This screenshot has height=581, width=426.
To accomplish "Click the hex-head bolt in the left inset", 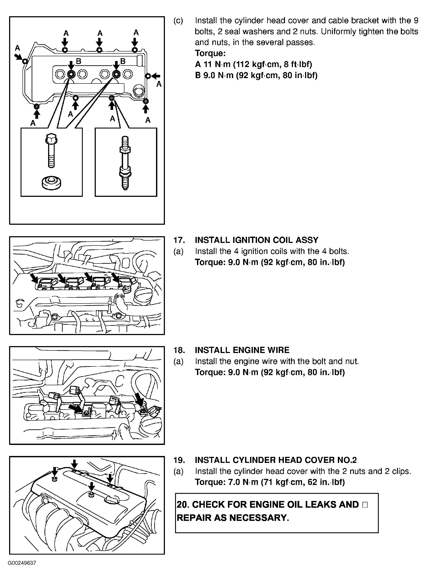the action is [51, 151].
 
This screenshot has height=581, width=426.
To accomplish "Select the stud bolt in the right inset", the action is [125, 163].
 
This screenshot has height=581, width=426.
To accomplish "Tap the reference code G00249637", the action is [22, 563].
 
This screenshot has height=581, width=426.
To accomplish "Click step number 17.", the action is [179, 240].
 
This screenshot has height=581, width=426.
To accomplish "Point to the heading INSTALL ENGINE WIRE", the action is [242, 350].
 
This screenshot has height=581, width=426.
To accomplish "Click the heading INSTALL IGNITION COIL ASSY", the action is [257, 240].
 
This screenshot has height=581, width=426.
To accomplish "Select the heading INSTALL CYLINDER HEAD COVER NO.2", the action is [276, 460].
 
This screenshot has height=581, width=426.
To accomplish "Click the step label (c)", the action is [178, 21].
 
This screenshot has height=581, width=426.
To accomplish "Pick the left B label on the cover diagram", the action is [79, 61].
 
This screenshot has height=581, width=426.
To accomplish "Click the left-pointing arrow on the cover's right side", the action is [156, 76].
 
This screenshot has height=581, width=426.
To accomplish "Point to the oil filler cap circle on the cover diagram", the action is [138, 91].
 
